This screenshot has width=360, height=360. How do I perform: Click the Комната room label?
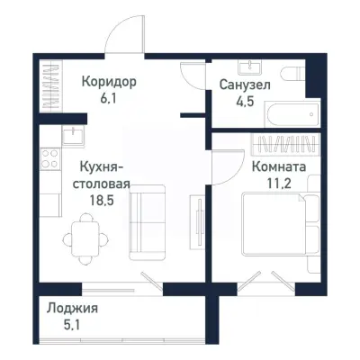tap(278, 167)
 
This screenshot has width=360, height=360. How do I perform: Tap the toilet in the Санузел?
tap(292, 76)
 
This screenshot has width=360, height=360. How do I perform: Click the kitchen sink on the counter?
tap(72, 135)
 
